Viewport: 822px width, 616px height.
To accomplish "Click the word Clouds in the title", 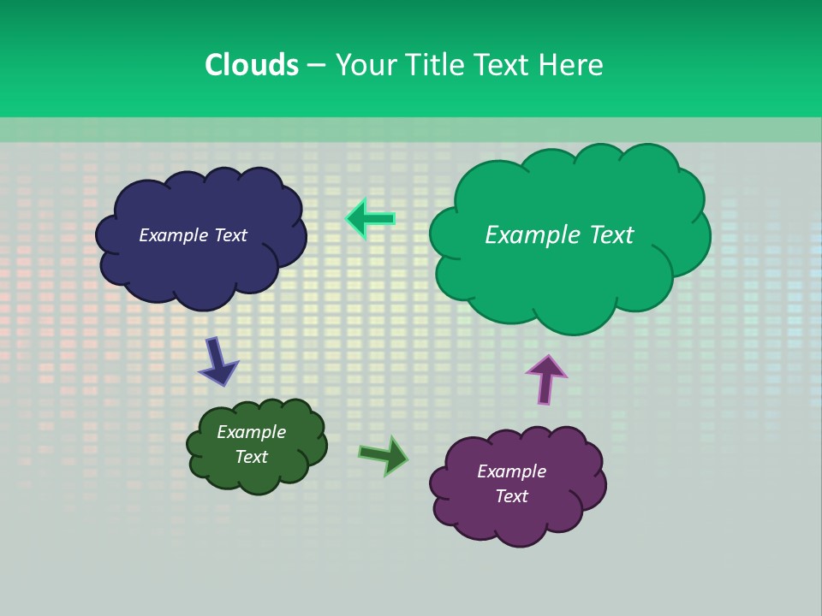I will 251,65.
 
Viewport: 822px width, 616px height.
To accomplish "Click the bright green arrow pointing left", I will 370,219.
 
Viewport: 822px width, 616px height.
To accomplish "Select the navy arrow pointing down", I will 218,360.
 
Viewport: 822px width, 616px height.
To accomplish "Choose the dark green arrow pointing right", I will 383,456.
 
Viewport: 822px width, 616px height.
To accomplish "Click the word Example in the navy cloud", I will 174,235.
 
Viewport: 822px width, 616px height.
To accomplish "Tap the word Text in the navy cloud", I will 230,235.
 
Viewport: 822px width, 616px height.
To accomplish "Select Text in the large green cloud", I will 610,235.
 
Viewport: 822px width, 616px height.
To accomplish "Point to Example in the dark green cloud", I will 251,432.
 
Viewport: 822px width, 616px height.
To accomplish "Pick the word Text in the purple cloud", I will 511,496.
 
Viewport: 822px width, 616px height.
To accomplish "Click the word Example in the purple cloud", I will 511,471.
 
